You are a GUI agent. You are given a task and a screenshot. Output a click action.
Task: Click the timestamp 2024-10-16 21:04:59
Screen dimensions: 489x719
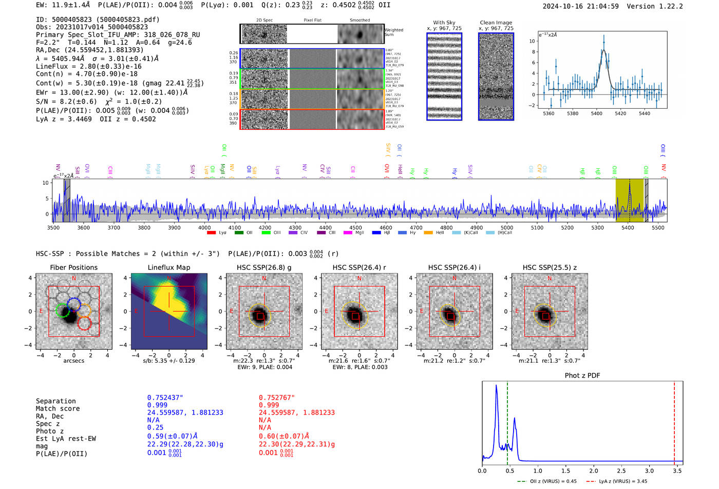tap(580, 6)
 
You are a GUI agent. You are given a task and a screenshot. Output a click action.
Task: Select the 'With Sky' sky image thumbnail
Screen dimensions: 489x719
tap(444, 76)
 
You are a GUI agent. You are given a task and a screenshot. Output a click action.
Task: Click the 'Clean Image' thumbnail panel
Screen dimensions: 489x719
tap(496, 76)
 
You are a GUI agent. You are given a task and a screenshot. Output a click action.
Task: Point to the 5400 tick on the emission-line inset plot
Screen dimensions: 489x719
tap(596, 113)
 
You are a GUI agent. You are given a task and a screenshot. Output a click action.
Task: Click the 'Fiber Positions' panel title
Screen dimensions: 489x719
tap(73, 267)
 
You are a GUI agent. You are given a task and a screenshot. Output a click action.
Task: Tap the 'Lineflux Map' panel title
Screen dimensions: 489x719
tap(169, 267)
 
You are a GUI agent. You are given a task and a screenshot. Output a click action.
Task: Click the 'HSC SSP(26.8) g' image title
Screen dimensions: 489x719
tap(264, 267)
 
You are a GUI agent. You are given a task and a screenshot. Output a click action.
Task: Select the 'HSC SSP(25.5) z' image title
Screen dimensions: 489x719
tap(550, 267)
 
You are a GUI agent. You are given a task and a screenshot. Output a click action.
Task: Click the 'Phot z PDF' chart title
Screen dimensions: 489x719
tap(582, 376)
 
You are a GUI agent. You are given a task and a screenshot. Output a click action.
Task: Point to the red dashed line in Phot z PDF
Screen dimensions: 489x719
tap(674, 421)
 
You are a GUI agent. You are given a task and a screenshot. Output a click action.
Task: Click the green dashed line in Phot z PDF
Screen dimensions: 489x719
tap(507, 421)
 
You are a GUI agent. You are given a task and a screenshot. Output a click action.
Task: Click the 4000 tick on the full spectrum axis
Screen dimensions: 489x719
tap(204, 227)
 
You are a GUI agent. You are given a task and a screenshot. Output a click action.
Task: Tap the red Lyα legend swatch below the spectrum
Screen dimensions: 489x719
tap(211, 233)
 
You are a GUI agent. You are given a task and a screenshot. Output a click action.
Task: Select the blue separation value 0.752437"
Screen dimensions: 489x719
tap(165, 398)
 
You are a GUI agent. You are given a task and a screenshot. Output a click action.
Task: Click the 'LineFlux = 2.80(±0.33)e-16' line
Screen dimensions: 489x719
tap(88, 66)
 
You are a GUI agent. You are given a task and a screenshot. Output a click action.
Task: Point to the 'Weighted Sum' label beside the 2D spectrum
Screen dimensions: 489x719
tap(393, 32)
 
